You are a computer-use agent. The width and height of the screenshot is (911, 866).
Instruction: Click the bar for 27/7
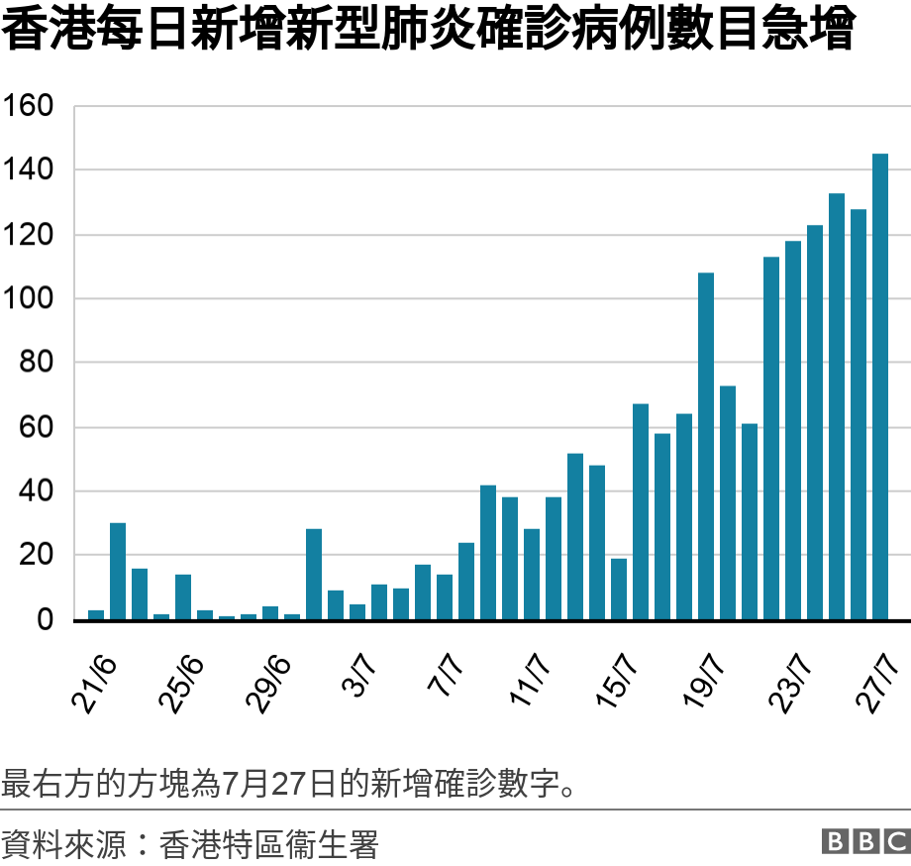click(880, 386)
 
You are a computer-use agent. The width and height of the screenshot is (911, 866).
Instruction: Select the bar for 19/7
click(706, 446)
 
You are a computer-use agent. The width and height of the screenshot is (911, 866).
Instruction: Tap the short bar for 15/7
click(619, 590)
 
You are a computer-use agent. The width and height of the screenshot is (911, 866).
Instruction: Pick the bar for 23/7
click(793, 430)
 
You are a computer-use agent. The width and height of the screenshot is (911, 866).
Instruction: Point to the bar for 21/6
click(96, 614)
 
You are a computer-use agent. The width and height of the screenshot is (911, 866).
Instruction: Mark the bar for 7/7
click(445, 597)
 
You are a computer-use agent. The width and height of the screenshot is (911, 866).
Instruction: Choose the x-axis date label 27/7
click(878, 682)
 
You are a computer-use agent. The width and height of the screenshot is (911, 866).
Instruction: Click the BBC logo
click(864, 841)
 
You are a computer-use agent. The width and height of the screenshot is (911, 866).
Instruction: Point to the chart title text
click(426, 32)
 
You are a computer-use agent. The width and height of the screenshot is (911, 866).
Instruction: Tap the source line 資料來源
click(189, 845)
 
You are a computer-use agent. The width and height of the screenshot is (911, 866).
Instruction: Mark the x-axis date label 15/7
click(617, 682)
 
